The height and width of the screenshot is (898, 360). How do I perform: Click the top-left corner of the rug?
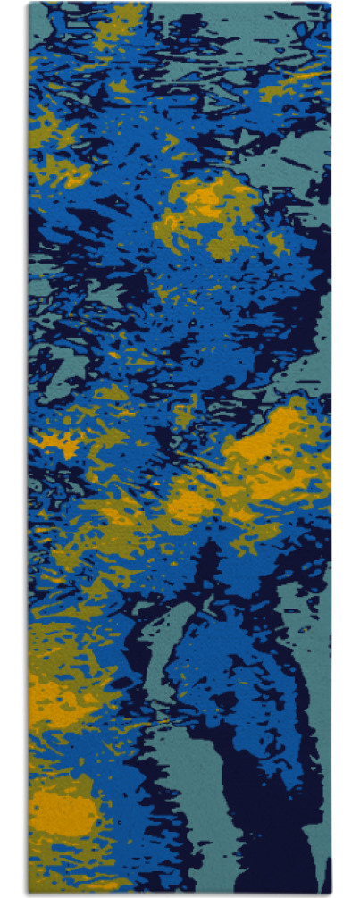coord(29,4)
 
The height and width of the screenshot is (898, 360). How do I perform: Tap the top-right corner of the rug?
coord(331,4)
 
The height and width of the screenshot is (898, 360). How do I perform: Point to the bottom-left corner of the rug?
coord(29,893)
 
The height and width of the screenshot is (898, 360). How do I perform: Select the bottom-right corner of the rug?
coord(331,893)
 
